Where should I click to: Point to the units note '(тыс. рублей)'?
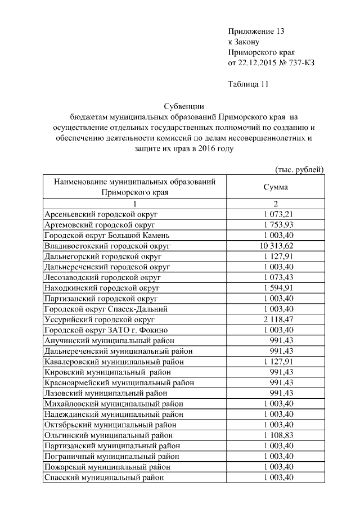tap(299, 169)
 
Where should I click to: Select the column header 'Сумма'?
tap(276, 187)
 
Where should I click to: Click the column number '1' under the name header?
tap(134, 204)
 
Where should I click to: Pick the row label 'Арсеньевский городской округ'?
tap(101, 214)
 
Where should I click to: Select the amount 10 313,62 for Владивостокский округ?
tap(276, 246)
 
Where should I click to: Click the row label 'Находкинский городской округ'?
tap(102, 287)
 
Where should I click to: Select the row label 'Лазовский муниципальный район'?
tap(105, 393)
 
